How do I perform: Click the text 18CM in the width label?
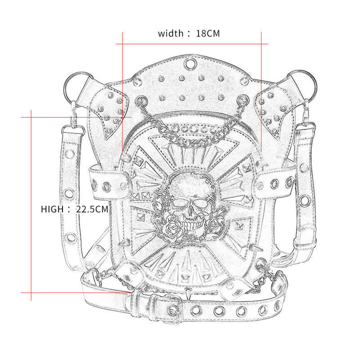pos(207,34)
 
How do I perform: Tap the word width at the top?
pos(171,34)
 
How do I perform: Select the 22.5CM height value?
pos(92,209)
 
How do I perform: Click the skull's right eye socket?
pos(201,203)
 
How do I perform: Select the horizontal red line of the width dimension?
pos(192,44)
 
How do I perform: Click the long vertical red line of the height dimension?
pos(31,205)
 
